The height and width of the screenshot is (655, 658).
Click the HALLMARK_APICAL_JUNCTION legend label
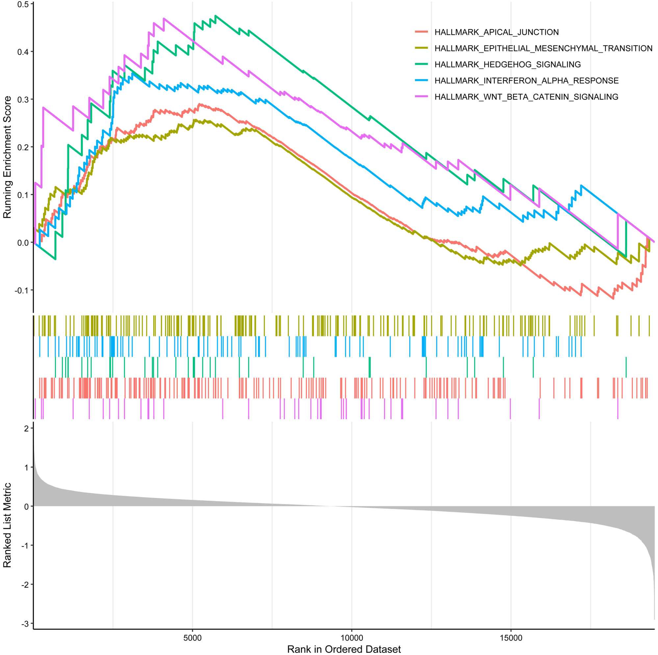(496, 32)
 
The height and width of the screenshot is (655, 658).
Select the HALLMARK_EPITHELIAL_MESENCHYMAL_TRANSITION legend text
(543, 48)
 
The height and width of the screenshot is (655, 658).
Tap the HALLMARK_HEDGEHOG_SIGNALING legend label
(507, 65)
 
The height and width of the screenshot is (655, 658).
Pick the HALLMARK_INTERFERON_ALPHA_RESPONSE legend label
(526, 81)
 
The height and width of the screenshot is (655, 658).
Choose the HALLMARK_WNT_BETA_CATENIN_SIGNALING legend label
(526, 97)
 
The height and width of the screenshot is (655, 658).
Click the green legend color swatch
(421, 65)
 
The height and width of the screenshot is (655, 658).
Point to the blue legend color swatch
(421, 81)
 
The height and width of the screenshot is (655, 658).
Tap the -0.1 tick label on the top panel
(22, 290)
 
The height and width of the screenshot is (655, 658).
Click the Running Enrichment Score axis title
(8, 157)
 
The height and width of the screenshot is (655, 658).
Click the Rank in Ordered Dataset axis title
(344, 649)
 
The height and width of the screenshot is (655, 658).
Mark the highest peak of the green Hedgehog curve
(215, 16)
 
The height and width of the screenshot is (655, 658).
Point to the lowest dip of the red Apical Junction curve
(613, 299)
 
